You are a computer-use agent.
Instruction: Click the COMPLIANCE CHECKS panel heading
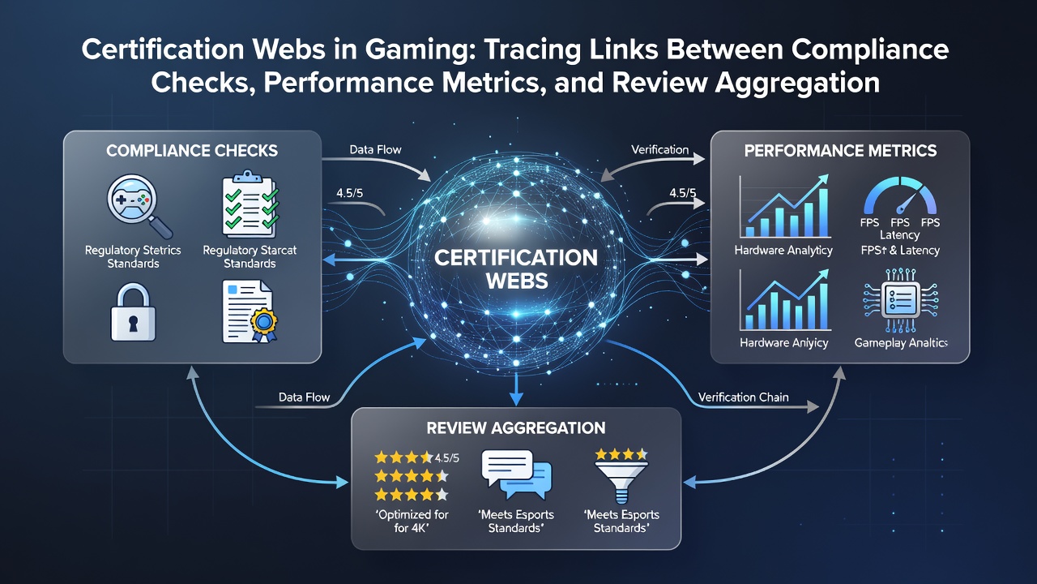click(x=192, y=151)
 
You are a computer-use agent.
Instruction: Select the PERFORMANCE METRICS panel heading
click(x=840, y=151)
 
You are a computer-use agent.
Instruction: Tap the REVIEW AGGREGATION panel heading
click(x=516, y=427)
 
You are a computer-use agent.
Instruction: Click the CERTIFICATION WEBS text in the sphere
click(x=516, y=269)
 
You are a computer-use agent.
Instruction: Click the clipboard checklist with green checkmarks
click(x=250, y=204)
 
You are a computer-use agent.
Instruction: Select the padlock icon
click(x=134, y=313)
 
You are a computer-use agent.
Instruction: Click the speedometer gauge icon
click(x=900, y=195)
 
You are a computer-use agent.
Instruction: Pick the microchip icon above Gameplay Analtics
click(x=900, y=300)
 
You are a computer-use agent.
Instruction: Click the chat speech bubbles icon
click(x=517, y=474)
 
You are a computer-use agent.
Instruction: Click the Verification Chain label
click(x=743, y=397)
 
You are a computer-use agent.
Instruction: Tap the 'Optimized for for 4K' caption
click(x=412, y=521)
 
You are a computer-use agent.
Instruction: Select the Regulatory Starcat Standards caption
click(x=250, y=257)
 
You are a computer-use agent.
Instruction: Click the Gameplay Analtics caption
click(x=900, y=343)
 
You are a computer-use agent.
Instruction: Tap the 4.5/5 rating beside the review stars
click(x=446, y=458)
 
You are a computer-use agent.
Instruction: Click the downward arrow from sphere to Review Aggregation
click(x=516, y=389)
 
